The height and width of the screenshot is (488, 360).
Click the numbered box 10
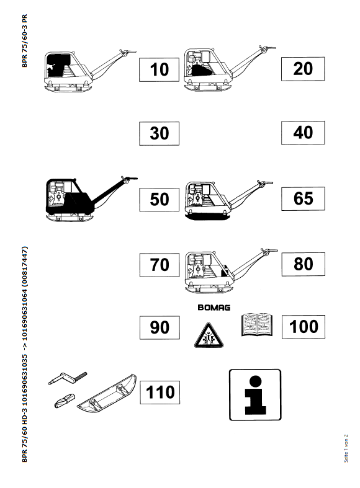coord(159,69)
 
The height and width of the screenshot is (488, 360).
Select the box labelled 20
coord(303,69)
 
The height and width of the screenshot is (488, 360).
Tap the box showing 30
coord(159,133)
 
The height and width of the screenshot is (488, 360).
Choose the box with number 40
coord(303,133)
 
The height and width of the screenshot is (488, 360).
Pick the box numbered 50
coord(160,200)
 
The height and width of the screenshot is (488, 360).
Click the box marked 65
coord(304,198)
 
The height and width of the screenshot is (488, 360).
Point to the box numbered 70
coord(160,265)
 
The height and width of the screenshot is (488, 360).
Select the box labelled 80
coord(304,264)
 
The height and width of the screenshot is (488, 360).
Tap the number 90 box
coord(160,327)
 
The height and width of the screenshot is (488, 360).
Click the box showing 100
coord(304,327)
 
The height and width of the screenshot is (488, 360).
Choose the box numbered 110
coord(160,393)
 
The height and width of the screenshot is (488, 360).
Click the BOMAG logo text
coord(214,308)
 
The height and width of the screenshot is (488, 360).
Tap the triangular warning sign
coord(209,336)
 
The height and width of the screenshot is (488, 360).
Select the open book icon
coord(257,324)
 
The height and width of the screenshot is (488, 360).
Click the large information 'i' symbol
coord(255,395)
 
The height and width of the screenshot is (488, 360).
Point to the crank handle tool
coord(68,378)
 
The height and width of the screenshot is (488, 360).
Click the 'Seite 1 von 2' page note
coord(346,448)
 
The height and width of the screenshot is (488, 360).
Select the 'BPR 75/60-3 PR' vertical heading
coord(25,41)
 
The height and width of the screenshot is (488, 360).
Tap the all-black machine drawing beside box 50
coord(92,198)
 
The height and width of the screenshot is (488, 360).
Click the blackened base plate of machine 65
coord(208,215)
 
